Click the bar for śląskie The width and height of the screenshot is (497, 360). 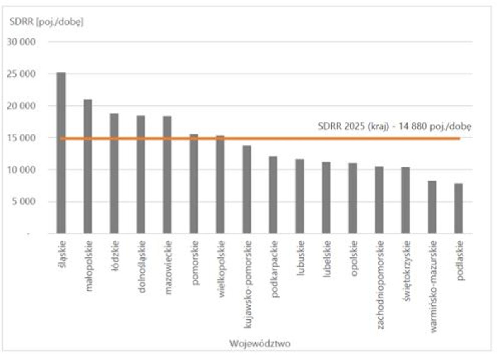click(61, 153)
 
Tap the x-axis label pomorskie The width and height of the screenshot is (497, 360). click(194, 262)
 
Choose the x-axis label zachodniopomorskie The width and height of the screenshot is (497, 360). click(380, 285)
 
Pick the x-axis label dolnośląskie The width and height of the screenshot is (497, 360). click(141, 267)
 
